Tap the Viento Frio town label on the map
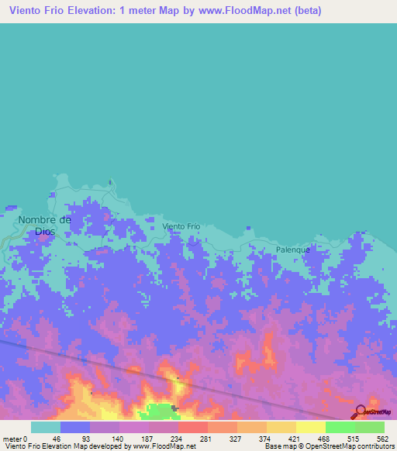(x=181, y=226)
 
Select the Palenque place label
(x=293, y=250)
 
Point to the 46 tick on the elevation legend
(x=46, y=438)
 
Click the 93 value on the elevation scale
(x=76, y=438)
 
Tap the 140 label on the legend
(x=105, y=438)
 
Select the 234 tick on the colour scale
(x=164, y=438)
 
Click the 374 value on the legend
(x=252, y=438)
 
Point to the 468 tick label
(x=311, y=438)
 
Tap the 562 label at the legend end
(x=370, y=438)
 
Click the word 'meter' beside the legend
(x=12, y=438)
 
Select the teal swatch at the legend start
(x=45, y=427)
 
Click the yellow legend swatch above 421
(x=281, y=427)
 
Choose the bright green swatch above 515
(x=340, y=427)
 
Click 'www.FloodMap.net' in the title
(x=240, y=11)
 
